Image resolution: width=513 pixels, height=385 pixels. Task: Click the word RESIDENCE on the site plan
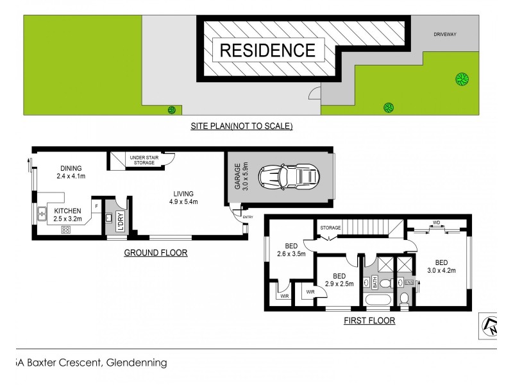[268, 50]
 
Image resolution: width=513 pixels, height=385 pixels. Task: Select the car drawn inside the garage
[289, 176]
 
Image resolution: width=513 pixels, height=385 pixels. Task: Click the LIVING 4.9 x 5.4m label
[183, 198]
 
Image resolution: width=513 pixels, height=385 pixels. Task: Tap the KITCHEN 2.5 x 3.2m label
[67, 214]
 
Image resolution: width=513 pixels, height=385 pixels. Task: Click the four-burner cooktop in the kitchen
[65, 230]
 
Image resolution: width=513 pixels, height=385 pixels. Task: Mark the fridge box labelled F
[96, 206]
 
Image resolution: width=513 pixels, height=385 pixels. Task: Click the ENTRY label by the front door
[248, 218]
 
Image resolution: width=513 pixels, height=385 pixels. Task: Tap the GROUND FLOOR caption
[156, 253]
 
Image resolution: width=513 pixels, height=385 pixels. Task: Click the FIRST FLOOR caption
[369, 320]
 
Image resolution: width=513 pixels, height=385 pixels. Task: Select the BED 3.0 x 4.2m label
[441, 266]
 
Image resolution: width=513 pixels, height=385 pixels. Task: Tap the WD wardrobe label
[436, 223]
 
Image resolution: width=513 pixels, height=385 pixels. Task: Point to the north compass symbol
[489, 326]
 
